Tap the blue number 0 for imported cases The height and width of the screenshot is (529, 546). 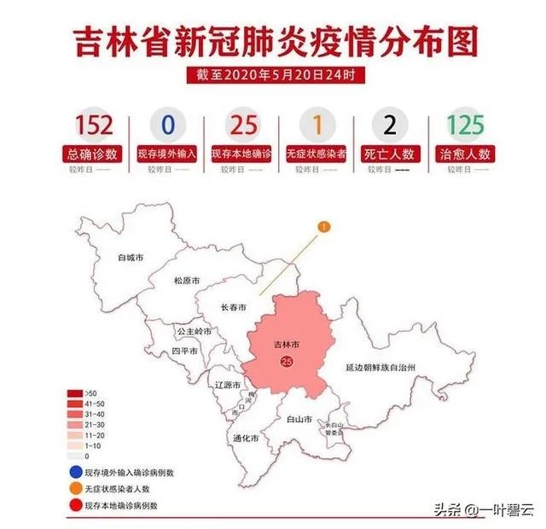click(167, 125)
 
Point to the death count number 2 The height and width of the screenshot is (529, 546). click(390, 125)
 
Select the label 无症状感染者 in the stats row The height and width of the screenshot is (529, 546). click(316, 154)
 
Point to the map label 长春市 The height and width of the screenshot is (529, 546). click(234, 307)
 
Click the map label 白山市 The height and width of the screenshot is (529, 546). click(299, 420)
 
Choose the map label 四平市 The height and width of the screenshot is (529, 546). click(184, 351)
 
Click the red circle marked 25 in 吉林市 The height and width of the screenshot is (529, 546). click(287, 362)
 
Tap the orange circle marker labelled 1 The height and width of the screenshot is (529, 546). click(323, 226)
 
